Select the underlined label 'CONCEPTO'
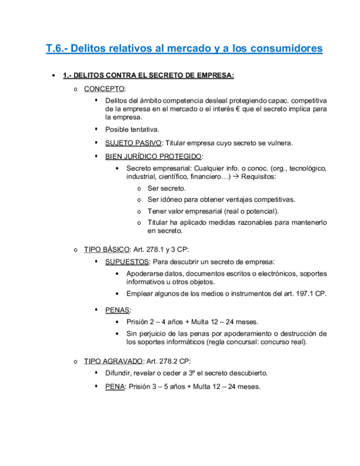(x=104, y=88)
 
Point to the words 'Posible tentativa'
(x=132, y=130)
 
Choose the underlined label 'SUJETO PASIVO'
(x=133, y=143)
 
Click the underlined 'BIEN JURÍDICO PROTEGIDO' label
(x=153, y=156)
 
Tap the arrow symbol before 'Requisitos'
(x=236, y=177)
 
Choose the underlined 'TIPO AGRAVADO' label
(x=113, y=361)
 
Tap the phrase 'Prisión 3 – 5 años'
(x=158, y=386)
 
